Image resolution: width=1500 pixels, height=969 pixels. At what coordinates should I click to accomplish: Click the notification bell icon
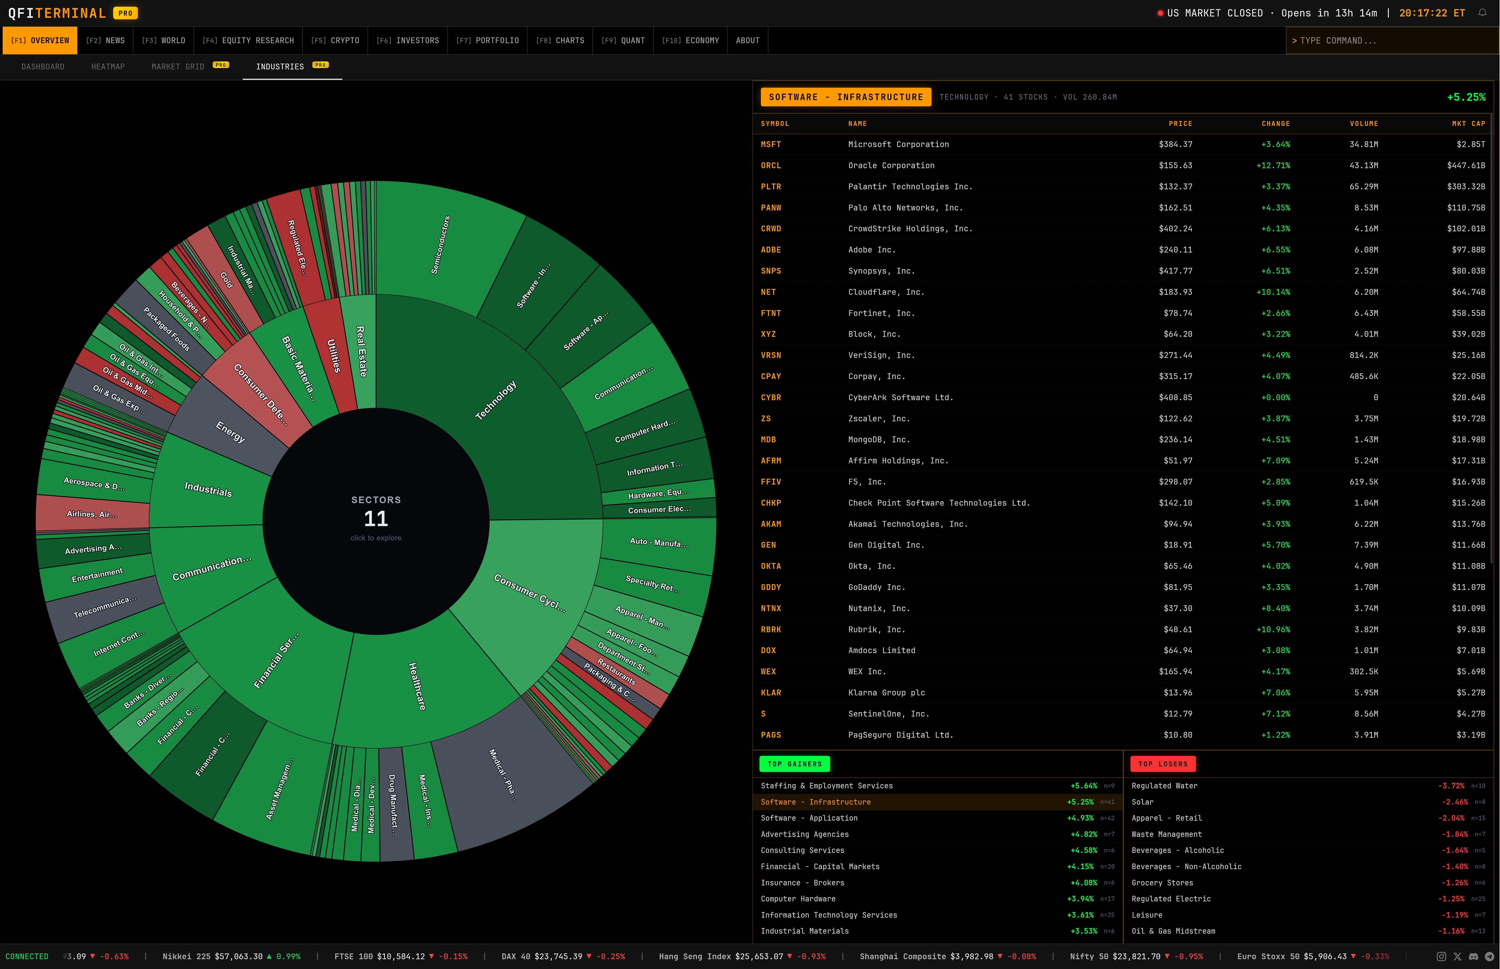point(1482,13)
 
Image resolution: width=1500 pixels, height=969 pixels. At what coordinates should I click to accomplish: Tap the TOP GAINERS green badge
point(794,764)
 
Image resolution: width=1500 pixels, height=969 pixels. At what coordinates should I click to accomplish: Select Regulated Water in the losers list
point(1164,786)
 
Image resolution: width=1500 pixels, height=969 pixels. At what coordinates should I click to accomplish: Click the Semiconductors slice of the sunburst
point(440,245)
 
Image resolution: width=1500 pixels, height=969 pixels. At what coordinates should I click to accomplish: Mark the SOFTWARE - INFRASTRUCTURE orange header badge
point(845,97)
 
